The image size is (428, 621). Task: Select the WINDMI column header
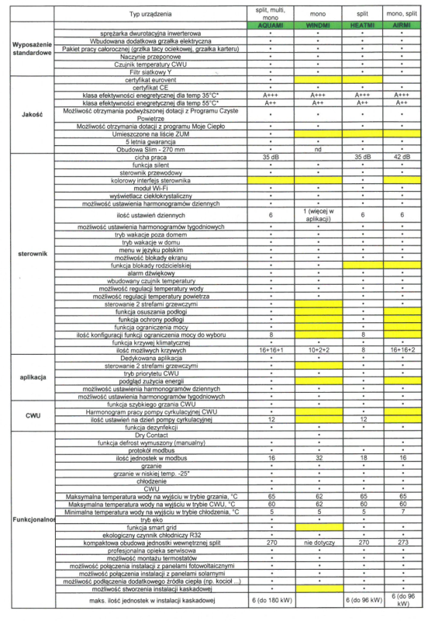318,25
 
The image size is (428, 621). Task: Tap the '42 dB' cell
402,157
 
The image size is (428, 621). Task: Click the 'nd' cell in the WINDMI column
318,149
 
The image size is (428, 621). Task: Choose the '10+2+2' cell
318,351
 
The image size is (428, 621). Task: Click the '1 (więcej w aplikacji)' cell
318,214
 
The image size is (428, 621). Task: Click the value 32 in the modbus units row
318,458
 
